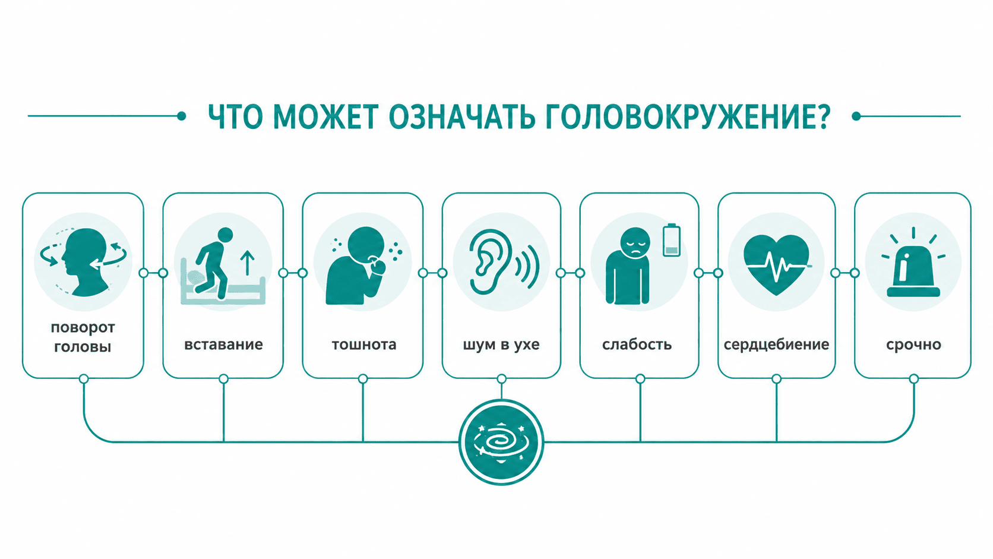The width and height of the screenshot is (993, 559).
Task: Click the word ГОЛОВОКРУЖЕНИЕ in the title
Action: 688,118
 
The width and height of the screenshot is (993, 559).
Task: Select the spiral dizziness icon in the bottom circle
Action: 501,442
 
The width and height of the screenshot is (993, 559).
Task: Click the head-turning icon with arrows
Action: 83,261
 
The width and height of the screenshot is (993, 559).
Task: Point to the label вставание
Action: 223,345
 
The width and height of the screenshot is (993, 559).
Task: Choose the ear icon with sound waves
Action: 503,261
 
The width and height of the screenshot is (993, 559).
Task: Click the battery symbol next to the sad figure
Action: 671,240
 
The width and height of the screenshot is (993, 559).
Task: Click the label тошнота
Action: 364,345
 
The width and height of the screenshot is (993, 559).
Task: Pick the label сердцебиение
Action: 776,345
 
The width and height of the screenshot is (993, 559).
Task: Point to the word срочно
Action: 913,345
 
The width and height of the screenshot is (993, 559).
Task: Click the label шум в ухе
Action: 501,345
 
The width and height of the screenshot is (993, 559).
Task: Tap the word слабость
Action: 637,345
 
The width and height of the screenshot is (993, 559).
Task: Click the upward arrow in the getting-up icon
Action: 248,263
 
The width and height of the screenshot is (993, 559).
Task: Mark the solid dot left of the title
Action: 181,116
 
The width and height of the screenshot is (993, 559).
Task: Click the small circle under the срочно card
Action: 913,378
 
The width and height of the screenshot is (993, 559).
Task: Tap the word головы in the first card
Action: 83,347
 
